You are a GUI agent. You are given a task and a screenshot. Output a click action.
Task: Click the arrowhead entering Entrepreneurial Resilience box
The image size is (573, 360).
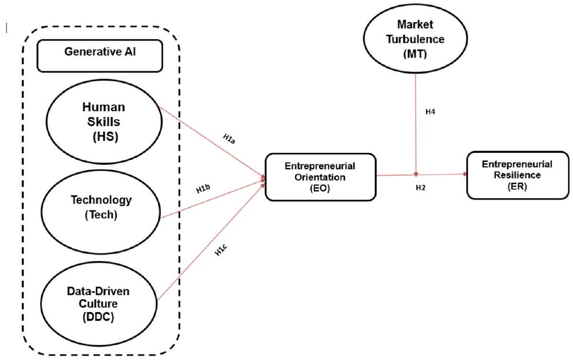(464, 174)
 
